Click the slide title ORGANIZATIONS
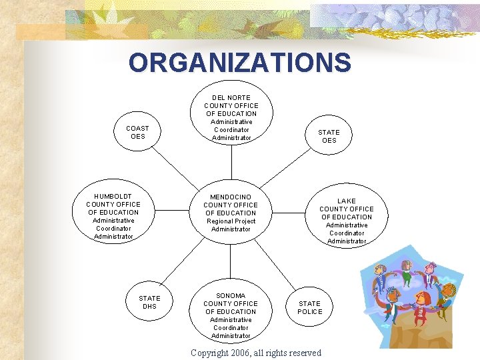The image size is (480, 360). (239, 63)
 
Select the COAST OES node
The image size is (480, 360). (137, 132)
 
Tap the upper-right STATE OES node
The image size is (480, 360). (329, 136)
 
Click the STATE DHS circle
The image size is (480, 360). (149, 302)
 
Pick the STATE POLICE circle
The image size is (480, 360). (309, 307)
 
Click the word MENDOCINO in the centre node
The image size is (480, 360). (231, 197)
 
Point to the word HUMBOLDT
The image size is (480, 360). (113, 197)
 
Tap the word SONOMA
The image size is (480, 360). (231, 295)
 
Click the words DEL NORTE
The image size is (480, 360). (231, 98)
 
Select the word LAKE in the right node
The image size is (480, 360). (347, 201)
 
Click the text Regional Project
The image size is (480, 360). (231, 221)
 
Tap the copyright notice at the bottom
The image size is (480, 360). (255, 353)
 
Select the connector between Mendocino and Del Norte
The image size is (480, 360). (231, 162)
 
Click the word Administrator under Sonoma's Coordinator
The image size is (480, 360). (231, 336)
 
